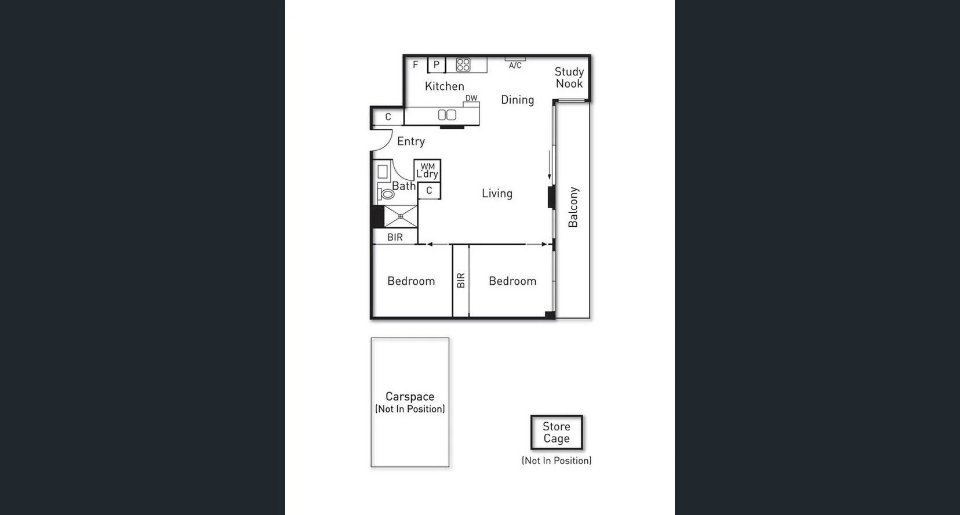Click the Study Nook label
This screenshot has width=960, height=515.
[x=569, y=78]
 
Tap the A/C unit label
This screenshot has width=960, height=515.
[x=515, y=65]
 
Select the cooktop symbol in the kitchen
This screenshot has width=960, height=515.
[x=463, y=64]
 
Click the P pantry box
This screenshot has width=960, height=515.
[x=436, y=65]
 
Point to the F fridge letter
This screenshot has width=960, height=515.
[x=415, y=64]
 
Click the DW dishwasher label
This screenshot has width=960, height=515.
[x=471, y=99]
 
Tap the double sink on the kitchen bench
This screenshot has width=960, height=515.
[x=446, y=115]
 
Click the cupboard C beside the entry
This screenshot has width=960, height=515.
[x=388, y=117]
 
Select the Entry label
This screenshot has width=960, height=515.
[x=410, y=142]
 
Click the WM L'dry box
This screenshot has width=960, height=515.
[x=427, y=171]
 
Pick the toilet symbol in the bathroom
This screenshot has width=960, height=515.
[x=387, y=193]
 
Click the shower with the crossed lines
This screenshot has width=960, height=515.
[x=401, y=216]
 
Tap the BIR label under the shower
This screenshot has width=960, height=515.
[x=395, y=237]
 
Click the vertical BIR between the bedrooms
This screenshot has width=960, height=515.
[x=460, y=281]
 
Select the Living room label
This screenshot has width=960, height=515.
[x=497, y=194]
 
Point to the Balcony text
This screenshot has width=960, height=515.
[x=573, y=207]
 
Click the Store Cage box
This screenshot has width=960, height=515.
[x=556, y=433]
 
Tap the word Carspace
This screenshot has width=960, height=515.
[x=409, y=397]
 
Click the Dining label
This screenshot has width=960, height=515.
[x=517, y=100]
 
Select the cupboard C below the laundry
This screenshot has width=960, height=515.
[x=429, y=190]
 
